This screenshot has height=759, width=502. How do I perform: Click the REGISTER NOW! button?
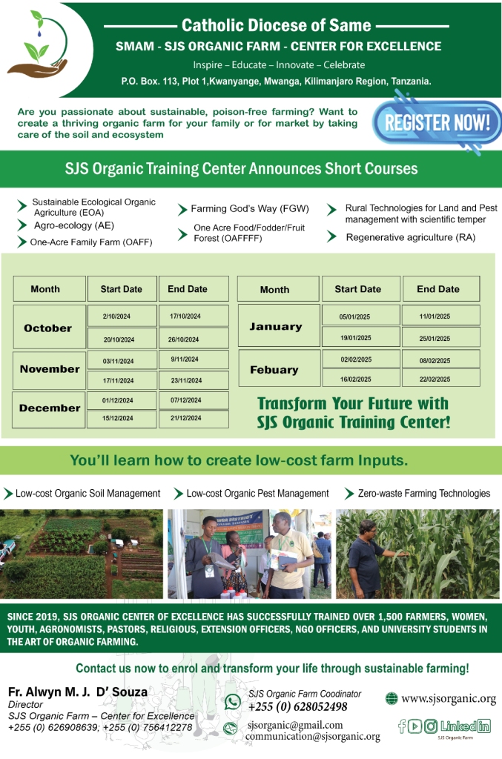coord(437,122)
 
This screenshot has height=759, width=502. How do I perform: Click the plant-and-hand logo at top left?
coord(39,44)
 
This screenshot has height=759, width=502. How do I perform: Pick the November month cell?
coord(50,369)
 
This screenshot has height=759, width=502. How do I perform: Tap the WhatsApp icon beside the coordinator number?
coord(232,701)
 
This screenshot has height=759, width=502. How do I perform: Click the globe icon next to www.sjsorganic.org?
coord(391,698)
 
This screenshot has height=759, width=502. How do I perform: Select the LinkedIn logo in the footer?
coord(465,726)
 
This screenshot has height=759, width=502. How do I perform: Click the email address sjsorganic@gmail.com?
coord(295,725)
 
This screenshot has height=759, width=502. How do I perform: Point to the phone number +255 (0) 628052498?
coord(297,706)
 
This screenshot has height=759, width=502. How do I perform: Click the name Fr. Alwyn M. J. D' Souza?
coord(77,692)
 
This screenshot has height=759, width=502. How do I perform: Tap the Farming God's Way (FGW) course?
coord(249,208)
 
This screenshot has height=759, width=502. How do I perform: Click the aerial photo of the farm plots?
coord(82,554)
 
